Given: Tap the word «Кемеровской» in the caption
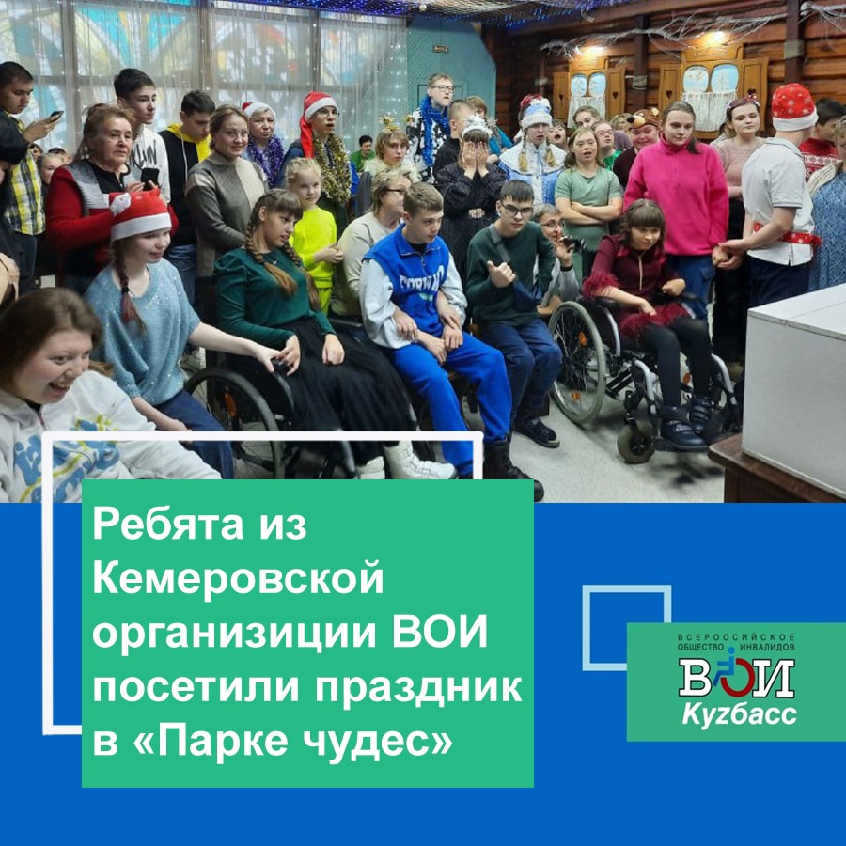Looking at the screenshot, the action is [x=238, y=578].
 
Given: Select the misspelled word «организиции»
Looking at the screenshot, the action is [x=236, y=634].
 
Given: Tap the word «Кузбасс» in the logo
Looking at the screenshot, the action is [x=739, y=715].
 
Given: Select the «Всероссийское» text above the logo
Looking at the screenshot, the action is [x=736, y=637].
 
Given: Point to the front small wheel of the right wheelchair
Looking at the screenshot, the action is [x=635, y=442].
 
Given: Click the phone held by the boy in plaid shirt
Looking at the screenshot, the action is [x=55, y=116].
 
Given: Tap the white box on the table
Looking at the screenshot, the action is [x=793, y=387].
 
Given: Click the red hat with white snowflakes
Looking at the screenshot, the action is [x=793, y=107].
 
